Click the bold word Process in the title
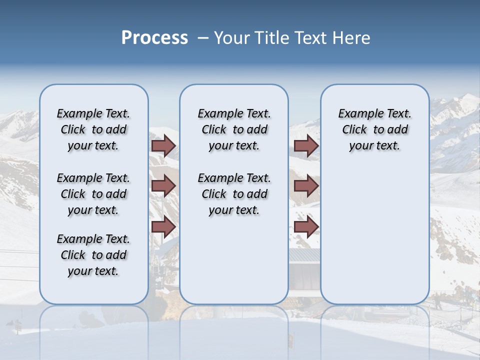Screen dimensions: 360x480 tap(154, 38)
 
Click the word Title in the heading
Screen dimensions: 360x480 tap(273, 38)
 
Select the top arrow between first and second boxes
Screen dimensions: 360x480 tap(163, 145)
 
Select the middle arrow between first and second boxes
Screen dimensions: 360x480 tap(163, 186)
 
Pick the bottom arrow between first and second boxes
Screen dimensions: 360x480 tap(163, 226)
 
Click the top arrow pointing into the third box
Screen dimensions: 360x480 tap(306, 145)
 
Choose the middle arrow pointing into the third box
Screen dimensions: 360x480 tap(306, 186)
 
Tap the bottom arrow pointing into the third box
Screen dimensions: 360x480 tap(306, 226)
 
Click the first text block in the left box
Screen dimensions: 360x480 tap(93, 129)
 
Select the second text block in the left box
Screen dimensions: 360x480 tap(93, 194)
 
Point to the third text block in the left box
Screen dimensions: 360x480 tap(93, 255)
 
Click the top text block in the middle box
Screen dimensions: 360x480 tap(234, 129)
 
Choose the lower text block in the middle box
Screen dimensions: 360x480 tap(234, 194)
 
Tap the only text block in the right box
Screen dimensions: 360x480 tap(374, 129)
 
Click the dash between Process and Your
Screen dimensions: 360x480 tap(202, 38)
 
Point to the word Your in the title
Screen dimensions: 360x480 tap(232, 38)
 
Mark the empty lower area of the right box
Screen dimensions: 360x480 tap(374, 235)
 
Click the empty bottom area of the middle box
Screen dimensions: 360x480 tap(234, 265)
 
